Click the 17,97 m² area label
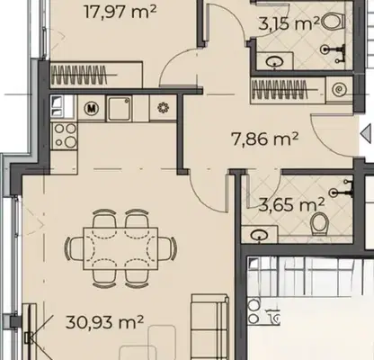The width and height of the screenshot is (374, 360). click(120, 12)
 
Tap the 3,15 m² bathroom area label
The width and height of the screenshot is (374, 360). click(289, 24)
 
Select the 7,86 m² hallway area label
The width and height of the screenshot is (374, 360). click(265, 139)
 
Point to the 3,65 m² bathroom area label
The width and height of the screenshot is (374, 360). click(291, 205)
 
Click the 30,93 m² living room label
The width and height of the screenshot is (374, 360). click(104, 322)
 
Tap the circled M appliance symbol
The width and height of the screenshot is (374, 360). click(92, 108)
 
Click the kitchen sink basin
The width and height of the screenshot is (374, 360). click(120, 108)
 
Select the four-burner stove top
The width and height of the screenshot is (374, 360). click(64, 136)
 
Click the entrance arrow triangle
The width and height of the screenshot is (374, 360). click(366, 134)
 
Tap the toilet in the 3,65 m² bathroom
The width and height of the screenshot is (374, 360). click(320, 224)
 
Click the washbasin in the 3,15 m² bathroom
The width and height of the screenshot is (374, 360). click(275, 62)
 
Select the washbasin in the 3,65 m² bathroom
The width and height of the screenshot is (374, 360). click(260, 235)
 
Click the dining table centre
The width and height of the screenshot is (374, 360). click(120, 248)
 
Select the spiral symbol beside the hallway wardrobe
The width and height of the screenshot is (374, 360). click(339, 89)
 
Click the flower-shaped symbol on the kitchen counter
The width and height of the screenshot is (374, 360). click(164, 108)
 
